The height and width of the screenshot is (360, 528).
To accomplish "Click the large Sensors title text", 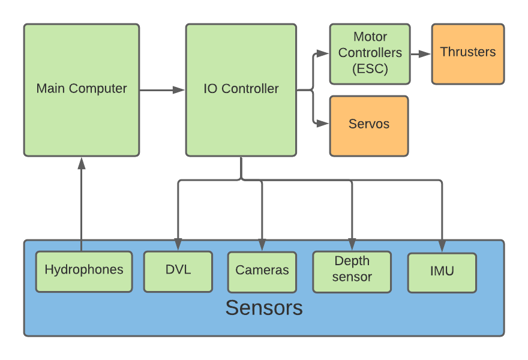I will [264, 308].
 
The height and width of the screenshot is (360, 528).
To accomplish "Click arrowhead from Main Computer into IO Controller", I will [179, 90].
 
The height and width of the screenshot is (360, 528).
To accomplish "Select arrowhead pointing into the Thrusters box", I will [425, 54].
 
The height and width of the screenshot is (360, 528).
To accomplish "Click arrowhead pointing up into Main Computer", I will [82, 163].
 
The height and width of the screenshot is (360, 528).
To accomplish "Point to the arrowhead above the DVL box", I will [178, 244].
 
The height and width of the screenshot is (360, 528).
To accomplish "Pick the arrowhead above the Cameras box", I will [262, 244].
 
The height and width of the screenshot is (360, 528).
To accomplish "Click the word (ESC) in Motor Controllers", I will [370, 69].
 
